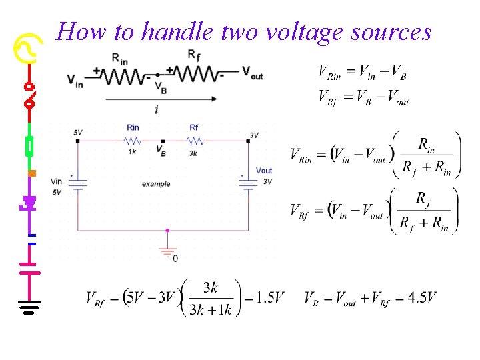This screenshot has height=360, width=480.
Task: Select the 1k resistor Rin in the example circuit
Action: click(x=133, y=141)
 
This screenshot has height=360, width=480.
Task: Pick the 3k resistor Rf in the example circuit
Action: click(x=195, y=141)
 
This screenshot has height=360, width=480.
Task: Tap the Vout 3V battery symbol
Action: click(x=248, y=183)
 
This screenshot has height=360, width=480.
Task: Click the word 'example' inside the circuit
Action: click(x=156, y=184)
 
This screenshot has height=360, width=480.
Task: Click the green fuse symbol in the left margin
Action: click(x=29, y=145)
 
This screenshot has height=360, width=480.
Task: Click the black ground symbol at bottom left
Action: click(x=29, y=307)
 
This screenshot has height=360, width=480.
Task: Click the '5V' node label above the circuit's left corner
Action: click(x=78, y=133)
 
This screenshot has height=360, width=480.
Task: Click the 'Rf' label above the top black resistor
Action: click(x=193, y=55)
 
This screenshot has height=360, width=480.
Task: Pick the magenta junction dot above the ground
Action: click(x=167, y=231)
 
